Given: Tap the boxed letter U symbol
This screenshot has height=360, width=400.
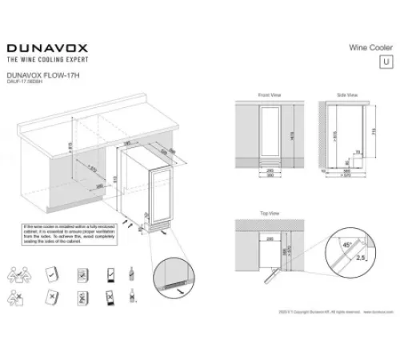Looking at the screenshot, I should click(x=388, y=61).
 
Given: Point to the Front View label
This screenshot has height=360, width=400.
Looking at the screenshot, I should click(x=270, y=94).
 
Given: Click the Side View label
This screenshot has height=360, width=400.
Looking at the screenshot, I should click(x=348, y=94).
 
